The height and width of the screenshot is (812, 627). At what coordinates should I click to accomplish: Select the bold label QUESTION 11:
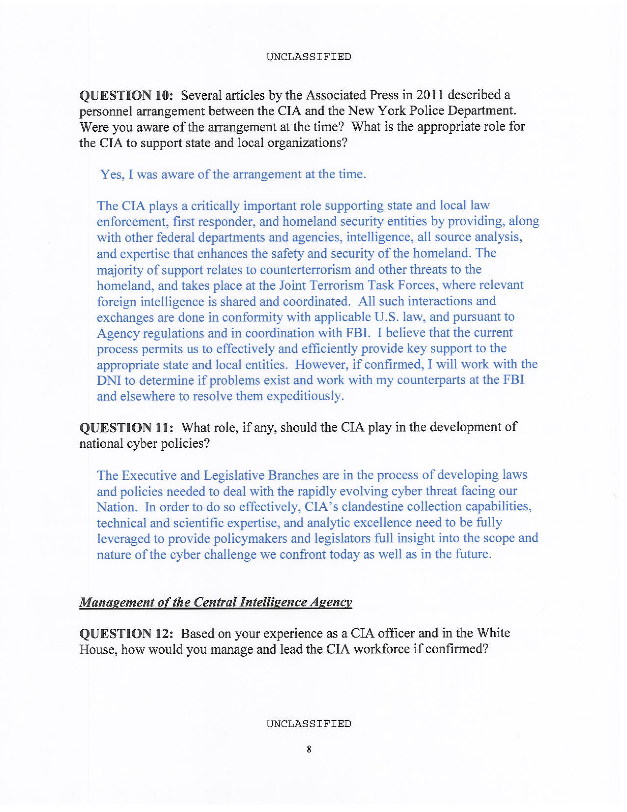click(126, 428)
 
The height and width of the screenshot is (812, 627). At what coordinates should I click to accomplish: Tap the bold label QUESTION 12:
click(126, 633)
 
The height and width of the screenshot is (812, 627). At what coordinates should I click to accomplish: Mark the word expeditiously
click(305, 396)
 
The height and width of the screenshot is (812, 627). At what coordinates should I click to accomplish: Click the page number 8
click(309, 749)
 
